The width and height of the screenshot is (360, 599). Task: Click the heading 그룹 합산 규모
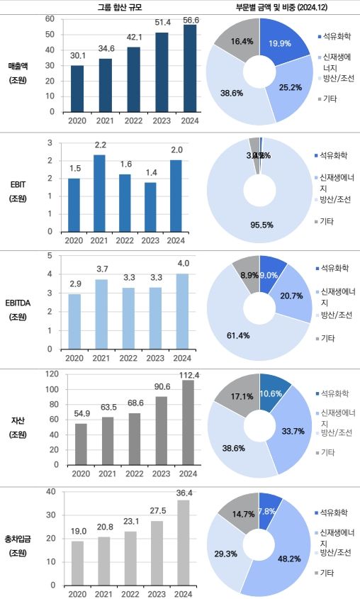[116, 7]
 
